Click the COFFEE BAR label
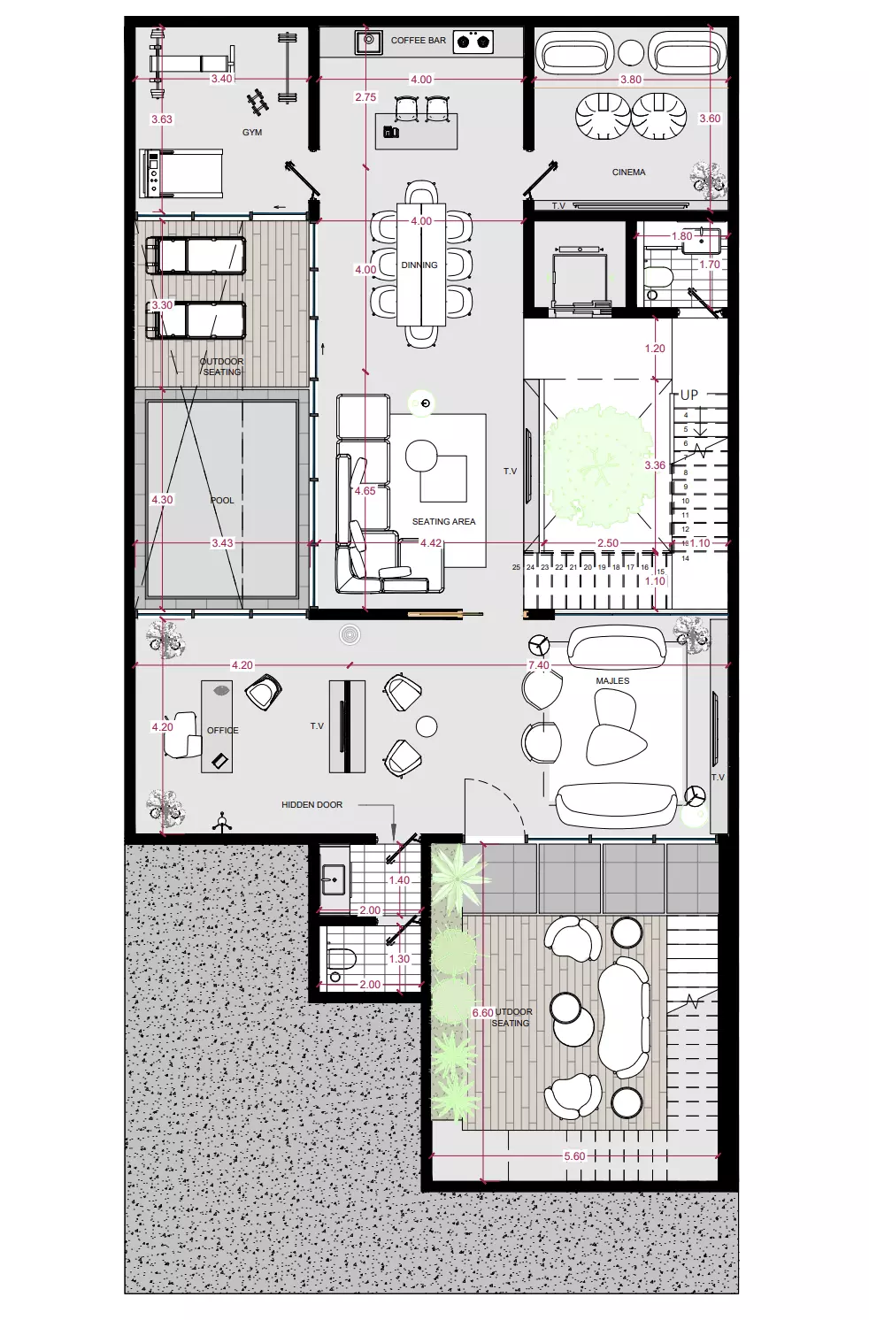[x=419, y=41]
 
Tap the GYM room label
[x=252, y=133]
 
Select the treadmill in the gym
[x=181, y=173]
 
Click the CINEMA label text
[x=628, y=173]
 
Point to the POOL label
[x=222, y=501]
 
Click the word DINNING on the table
[x=419, y=265]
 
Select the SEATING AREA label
[x=443, y=522]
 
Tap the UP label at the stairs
[x=688, y=395]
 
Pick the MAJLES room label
[x=612, y=681]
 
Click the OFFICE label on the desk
[x=222, y=731]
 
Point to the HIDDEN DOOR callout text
[x=311, y=805]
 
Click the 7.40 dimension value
[x=538, y=665]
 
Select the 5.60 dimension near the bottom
[x=573, y=1156]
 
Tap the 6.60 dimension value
[x=481, y=1013]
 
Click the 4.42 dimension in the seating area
[x=431, y=543]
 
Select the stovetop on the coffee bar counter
[x=473, y=41]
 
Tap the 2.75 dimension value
[x=365, y=97]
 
